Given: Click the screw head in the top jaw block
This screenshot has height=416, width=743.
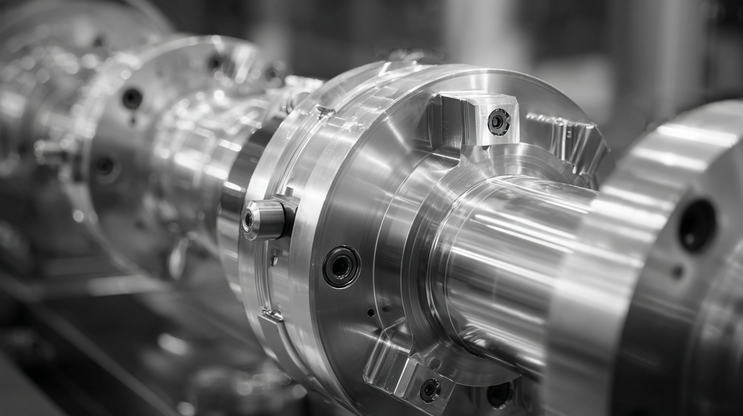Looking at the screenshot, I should click(x=499, y=122).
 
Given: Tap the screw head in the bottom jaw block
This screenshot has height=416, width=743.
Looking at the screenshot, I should click(x=430, y=390).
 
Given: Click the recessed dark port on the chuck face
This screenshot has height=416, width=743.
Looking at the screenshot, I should click(x=341, y=266).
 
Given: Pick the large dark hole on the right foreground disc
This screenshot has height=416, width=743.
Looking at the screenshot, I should click(x=697, y=225).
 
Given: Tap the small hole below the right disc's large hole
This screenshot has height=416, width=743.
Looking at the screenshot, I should click(x=677, y=272).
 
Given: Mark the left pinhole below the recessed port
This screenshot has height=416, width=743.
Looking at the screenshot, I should click(x=370, y=312).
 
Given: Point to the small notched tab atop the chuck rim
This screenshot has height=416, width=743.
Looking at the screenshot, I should click(x=325, y=111).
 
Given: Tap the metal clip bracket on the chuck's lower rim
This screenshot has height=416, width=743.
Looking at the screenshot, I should click(x=271, y=314).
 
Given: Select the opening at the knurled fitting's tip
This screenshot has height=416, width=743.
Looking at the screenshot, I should click(x=248, y=220).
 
